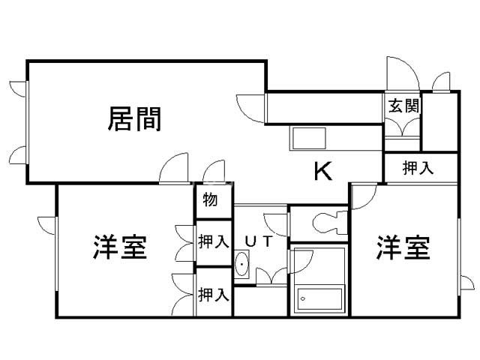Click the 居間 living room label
pyautogui.click(x=134, y=119)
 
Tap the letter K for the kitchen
pyautogui.click(x=323, y=172)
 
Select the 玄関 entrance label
pyautogui.click(x=403, y=106)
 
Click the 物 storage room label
pyautogui.click(x=210, y=199)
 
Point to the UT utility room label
pyautogui.click(x=259, y=241)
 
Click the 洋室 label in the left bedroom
pyautogui.click(x=120, y=247)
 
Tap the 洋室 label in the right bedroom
pyautogui.click(x=403, y=247)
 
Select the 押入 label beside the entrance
pyautogui.click(x=418, y=168)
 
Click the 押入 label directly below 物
pyautogui.click(x=213, y=241)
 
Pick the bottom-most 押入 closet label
pyautogui.click(x=213, y=295)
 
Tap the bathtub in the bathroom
pyautogui.click(x=319, y=299)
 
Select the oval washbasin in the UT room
pyautogui.click(x=241, y=264)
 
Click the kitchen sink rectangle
pyautogui.click(x=309, y=138)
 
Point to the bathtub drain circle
pyautogui.click(x=303, y=298)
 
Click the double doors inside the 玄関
pyautogui.click(x=402, y=127)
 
